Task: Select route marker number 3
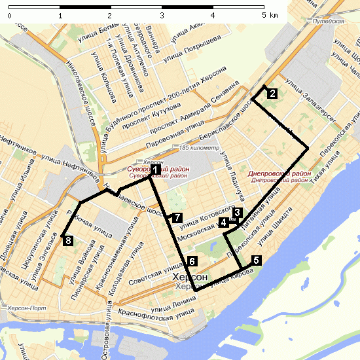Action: (238, 212)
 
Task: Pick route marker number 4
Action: (225, 223)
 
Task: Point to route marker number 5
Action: (255, 260)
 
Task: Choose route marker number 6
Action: (190, 261)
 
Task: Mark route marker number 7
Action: (177, 217)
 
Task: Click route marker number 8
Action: (69, 242)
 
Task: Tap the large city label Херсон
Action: (190, 278)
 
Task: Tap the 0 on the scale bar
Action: (9, 14)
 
